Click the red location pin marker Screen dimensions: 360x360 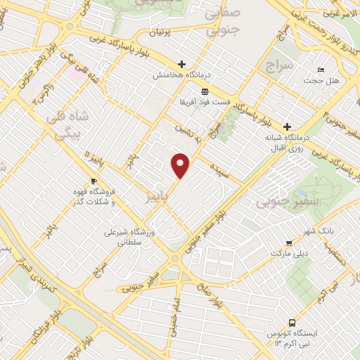click(181, 165)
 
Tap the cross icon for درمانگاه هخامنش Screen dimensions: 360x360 click(182, 63)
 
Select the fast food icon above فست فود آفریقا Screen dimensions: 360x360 click(205, 91)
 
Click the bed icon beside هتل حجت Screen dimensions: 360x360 click(321, 70)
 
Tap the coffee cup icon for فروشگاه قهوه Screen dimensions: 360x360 click(94, 181)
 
